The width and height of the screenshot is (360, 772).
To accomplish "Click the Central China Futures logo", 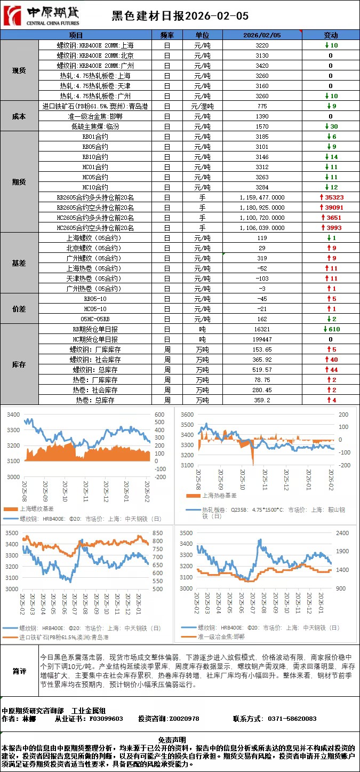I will (x=42, y=16).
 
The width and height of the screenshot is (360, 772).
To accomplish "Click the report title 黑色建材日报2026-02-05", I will (x=180, y=17).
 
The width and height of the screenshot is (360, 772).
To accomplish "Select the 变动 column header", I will (x=331, y=35).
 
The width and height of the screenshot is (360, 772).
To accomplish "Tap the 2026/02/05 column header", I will (x=262, y=35).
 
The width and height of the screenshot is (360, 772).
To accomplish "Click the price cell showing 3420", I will (x=262, y=65).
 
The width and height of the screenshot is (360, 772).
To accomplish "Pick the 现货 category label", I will (x=19, y=70).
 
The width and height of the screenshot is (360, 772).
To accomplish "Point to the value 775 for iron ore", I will (x=262, y=106).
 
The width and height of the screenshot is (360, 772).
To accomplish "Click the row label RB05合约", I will (x=95, y=146).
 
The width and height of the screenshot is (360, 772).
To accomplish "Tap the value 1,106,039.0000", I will (x=262, y=228).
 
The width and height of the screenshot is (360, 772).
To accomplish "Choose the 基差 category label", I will (x=19, y=263).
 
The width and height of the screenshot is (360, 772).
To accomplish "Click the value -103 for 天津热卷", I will (x=262, y=278).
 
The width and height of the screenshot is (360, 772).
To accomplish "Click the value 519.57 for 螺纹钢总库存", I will (x=262, y=370).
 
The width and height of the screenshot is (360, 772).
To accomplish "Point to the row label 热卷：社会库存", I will (x=95, y=390).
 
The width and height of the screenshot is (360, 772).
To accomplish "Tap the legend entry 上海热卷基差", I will (x=218, y=496).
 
